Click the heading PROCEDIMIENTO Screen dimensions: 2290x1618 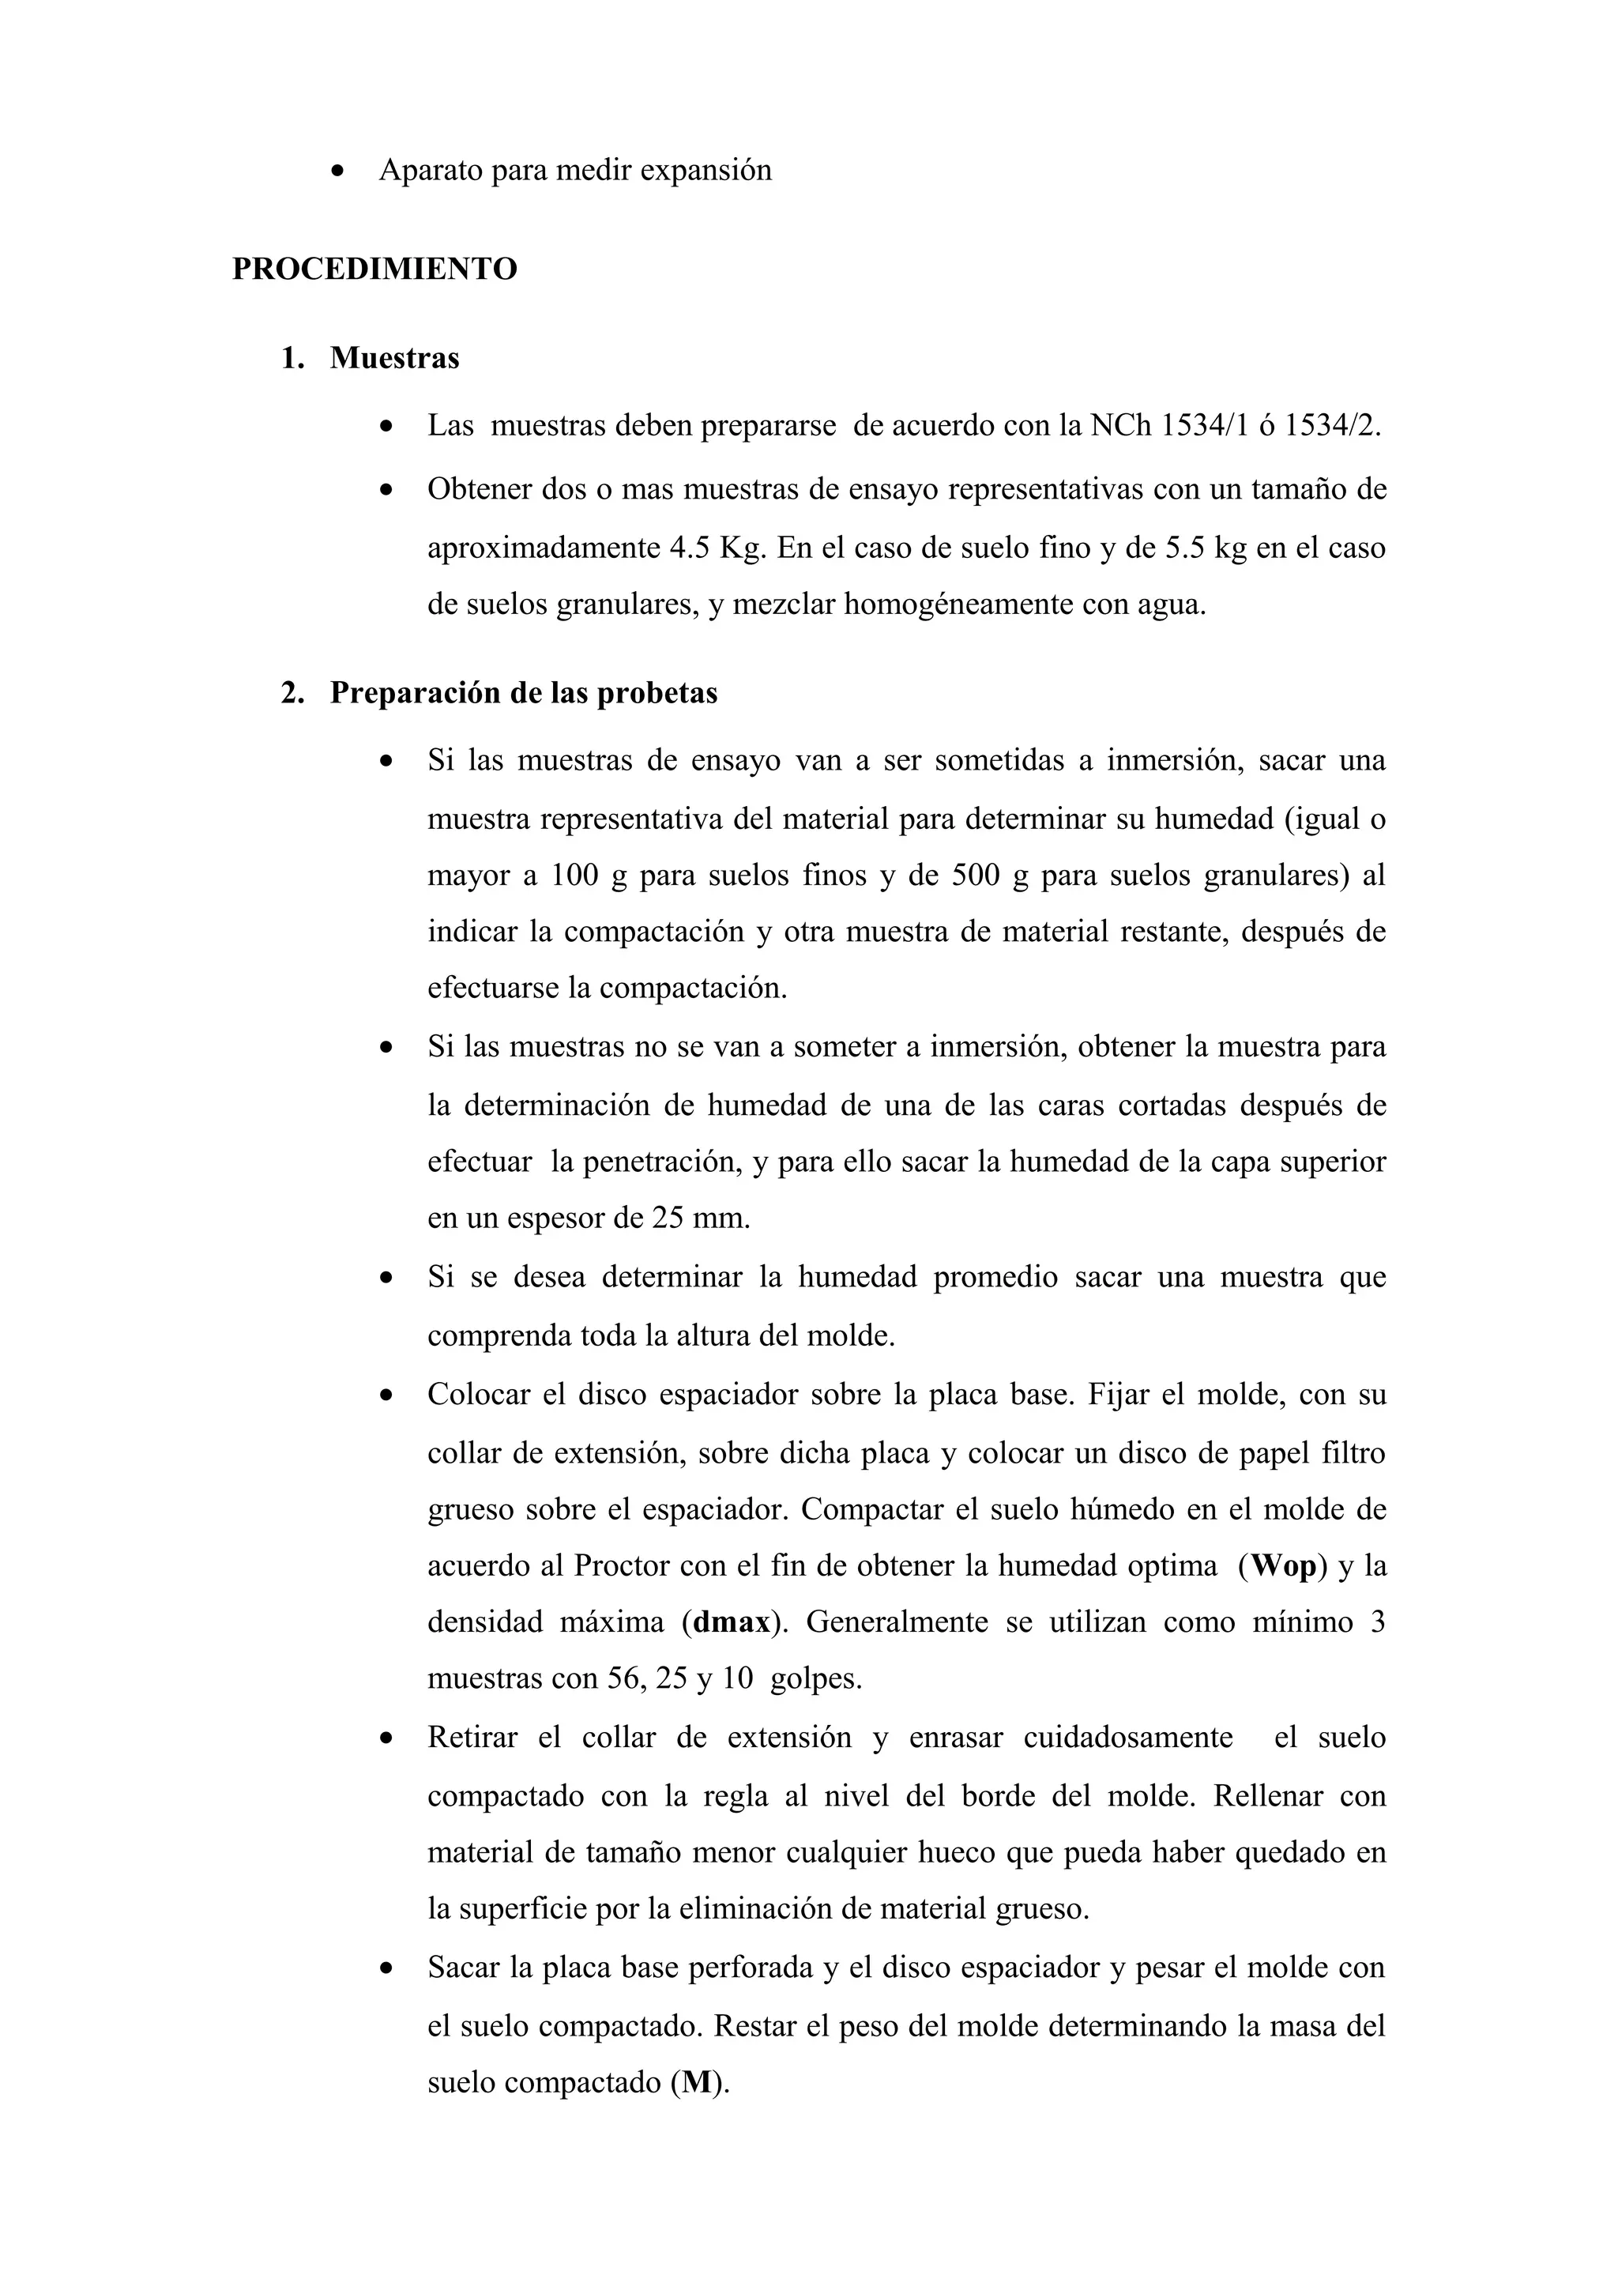pos(374,269)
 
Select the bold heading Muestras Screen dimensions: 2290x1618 pos(395,357)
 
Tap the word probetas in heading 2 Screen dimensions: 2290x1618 pos(657,692)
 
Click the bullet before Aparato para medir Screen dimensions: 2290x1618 pos(340,171)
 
